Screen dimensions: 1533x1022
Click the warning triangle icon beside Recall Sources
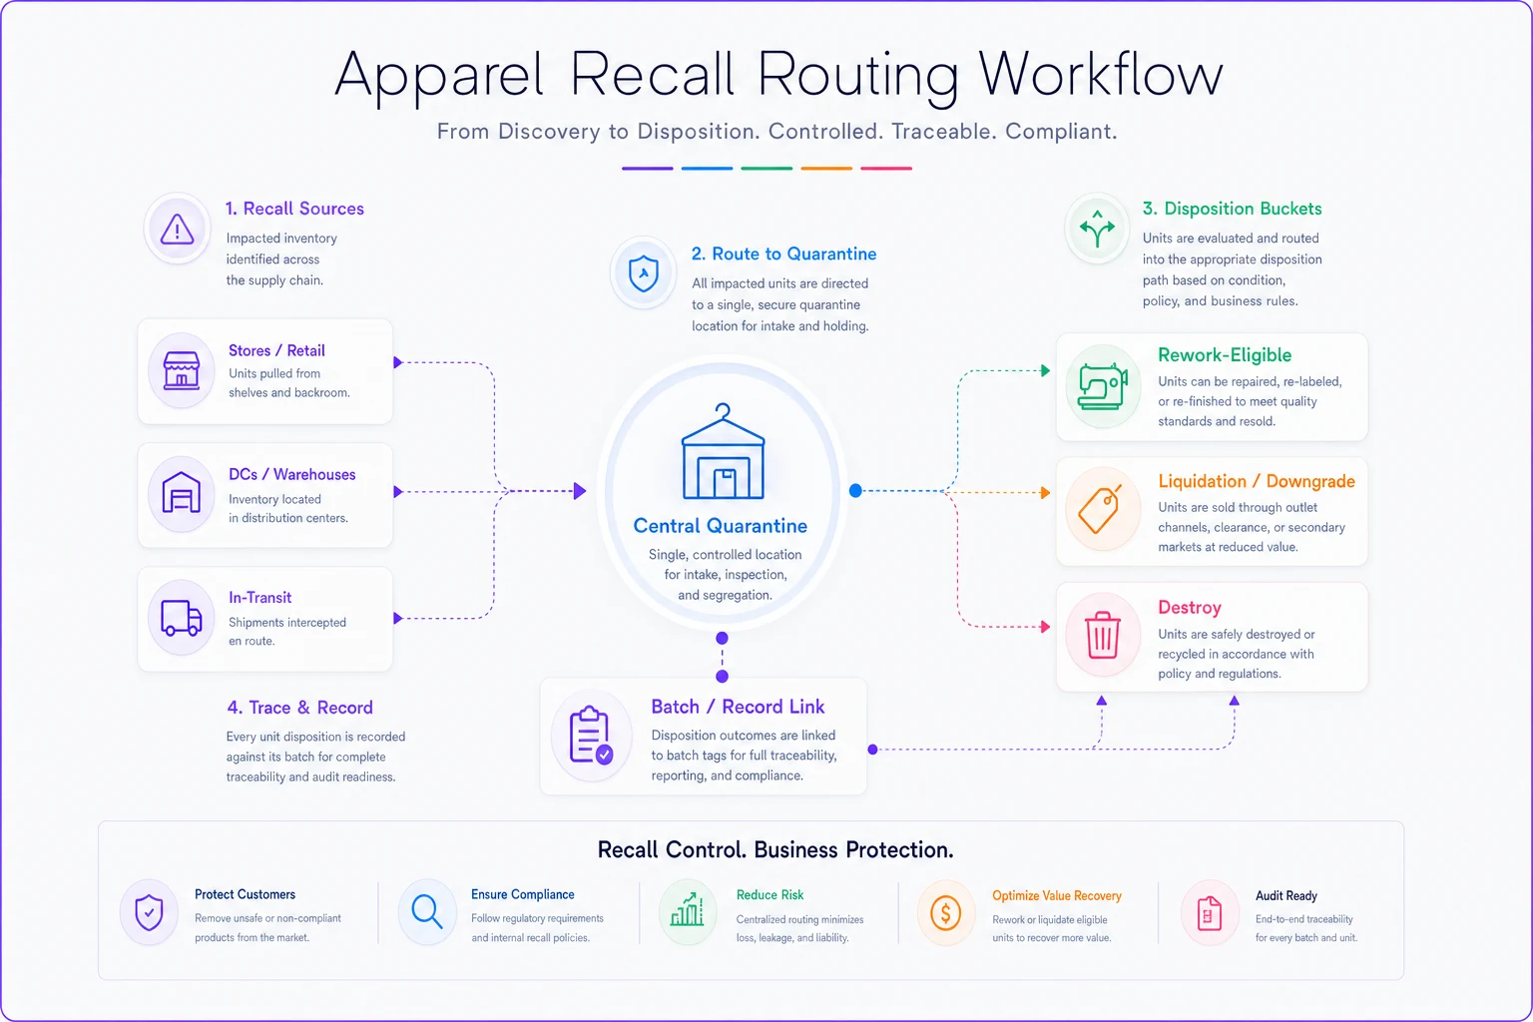pos(177,229)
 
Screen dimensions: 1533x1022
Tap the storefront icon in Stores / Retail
pos(182,370)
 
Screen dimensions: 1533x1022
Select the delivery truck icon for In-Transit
pos(182,618)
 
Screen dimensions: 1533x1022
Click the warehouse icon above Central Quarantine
pos(723,451)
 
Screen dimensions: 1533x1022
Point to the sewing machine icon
pos(1102,387)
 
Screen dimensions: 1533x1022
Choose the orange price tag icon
pos(1100,509)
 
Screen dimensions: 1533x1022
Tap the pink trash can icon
pos(1103,635)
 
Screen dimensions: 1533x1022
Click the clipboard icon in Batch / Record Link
pos(591,736)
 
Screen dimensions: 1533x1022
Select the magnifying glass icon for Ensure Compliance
pos(426,912)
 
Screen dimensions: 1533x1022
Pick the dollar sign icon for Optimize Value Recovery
pos(946,913)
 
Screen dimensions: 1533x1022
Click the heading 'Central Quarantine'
pos(720,526)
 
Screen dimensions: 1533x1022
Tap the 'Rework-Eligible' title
pos(1225,354)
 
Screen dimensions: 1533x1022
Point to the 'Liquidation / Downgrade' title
pos(1257,481)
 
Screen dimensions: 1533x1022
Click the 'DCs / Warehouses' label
pos(292,474)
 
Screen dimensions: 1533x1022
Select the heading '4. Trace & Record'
pos(299,708)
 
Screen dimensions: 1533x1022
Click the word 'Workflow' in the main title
pos(1101,75)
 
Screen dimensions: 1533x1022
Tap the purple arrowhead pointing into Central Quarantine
pos(580,491)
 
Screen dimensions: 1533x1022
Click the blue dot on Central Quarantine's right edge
pos(855,491)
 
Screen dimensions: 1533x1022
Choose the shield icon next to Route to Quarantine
pos(644,273)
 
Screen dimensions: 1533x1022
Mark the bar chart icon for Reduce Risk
pos(687,910)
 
